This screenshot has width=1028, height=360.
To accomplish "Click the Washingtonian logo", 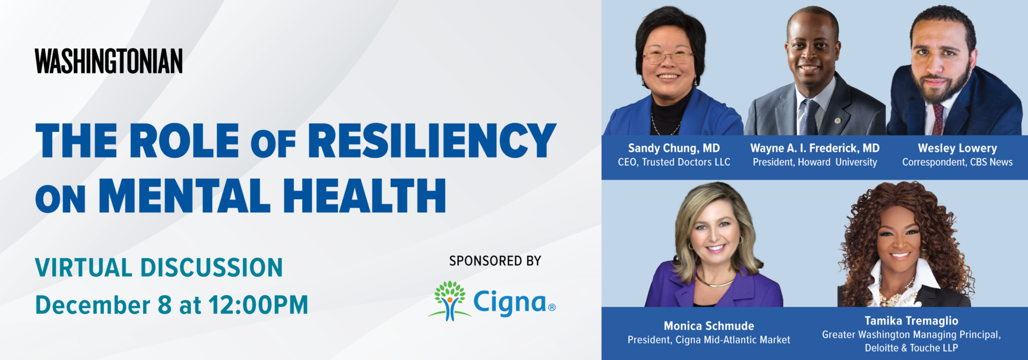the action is pos(109,61).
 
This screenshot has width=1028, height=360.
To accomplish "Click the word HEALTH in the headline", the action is pos(364,195).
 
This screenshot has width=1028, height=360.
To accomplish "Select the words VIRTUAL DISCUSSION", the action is pos(159,268).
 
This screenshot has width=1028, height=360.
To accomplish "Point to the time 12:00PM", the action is pos(258,305).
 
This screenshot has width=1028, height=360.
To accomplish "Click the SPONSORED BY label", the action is pos(495,261).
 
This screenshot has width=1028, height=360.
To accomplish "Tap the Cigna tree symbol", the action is pos(450,301).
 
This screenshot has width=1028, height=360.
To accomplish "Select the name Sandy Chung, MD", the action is pos(674,148).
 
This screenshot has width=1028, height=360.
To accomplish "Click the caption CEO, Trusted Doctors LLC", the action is pos(674,162).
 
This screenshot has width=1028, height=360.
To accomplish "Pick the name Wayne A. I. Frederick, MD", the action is pos(815,148).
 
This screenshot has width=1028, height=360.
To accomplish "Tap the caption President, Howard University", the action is pos(815,162).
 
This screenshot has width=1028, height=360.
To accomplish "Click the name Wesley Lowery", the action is pos(957,148).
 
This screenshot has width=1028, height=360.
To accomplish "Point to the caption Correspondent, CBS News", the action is pos(957,162).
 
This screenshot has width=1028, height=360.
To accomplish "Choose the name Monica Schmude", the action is pos(709,326).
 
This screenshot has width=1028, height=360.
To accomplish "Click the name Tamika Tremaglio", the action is pos(911,321).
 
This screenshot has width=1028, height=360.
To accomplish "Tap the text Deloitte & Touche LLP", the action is pos(911,348).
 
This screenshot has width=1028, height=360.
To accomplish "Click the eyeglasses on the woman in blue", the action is pos(668,57).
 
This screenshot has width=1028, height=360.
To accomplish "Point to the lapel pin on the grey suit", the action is pos(836,121).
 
